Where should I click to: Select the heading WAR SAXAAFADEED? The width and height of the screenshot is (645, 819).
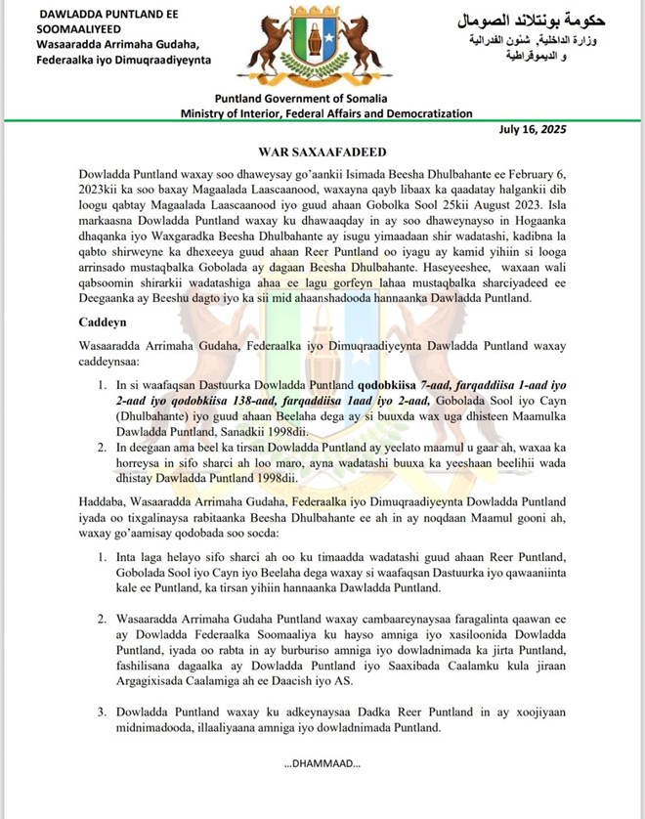322,152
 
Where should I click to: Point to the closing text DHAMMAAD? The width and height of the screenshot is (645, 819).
322,763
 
